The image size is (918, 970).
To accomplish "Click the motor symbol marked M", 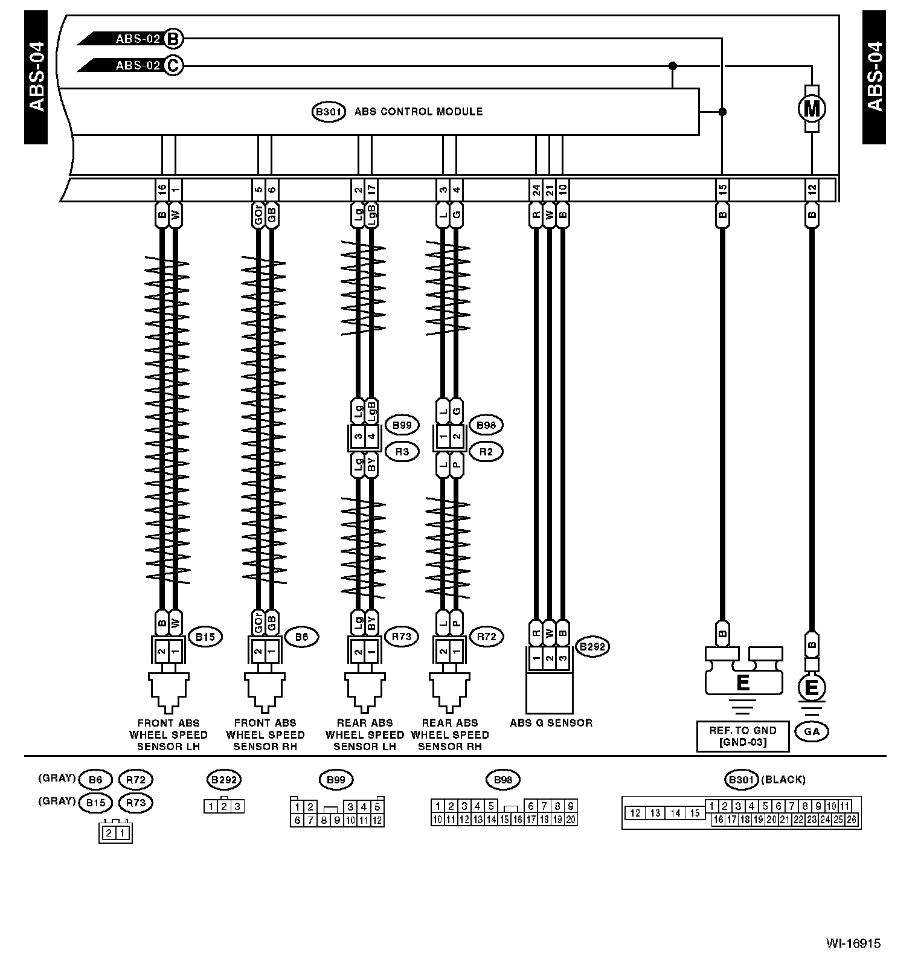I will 812,109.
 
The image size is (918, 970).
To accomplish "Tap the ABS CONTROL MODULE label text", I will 418,112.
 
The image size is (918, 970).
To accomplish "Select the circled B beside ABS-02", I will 173,39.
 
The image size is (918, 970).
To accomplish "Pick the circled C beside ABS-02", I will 173,65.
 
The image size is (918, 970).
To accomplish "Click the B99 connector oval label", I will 402,425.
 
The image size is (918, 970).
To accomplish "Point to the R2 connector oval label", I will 486,451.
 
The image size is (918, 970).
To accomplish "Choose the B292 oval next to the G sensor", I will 592,647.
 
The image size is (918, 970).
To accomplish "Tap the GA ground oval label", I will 812,731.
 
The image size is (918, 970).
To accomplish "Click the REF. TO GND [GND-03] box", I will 742,736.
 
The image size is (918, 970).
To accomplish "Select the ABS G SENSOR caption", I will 551,722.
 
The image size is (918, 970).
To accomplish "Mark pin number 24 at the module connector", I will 536,190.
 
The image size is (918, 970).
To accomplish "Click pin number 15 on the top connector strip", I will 722,190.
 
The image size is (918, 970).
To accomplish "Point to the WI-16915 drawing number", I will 853,943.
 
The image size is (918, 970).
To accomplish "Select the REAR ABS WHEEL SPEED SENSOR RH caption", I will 450,734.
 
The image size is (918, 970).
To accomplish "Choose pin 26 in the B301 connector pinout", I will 852,820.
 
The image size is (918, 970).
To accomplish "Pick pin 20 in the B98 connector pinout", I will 571,820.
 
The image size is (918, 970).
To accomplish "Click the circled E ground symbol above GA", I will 812,688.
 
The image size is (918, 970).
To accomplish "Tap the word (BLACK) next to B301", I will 783,780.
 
